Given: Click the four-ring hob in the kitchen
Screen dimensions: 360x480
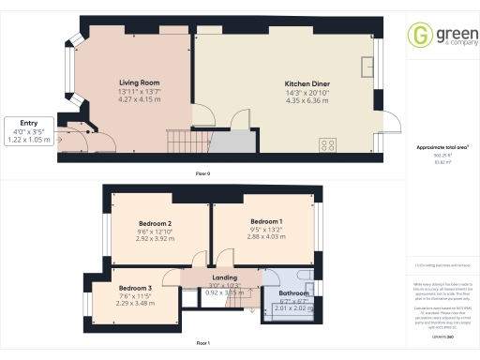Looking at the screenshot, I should [329, 144].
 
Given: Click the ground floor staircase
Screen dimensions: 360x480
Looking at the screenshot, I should [179, 142].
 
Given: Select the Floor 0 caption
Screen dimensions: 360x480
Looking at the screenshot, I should [202, 174].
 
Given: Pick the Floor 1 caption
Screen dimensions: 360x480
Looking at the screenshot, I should [202, 343].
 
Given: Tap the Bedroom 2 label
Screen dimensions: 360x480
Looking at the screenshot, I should [156, 223].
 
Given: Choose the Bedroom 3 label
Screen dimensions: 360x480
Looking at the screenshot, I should [135, 288].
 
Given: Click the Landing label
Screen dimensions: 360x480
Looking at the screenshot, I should [224, 277].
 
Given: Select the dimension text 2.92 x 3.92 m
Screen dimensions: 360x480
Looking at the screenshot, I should [156, 238].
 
